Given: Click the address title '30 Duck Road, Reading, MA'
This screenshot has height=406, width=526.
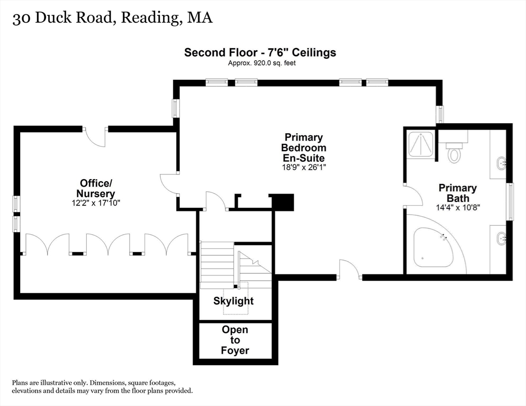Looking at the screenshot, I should point(112,18).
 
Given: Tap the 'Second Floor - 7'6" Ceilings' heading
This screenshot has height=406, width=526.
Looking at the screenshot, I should point(260,52).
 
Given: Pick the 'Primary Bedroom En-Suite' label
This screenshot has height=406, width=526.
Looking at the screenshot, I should point(303,147).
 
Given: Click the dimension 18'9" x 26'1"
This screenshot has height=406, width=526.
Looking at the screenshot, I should point(303,167).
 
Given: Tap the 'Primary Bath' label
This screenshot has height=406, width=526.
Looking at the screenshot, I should point(458,193).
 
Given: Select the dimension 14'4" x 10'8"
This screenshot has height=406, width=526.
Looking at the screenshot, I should point(458,207).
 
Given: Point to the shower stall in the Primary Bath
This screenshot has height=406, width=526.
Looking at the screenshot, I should point(421,145).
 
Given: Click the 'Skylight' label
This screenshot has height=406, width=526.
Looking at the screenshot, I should point(233,301).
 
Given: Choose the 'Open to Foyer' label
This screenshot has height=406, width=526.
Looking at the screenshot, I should point(235,340).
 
